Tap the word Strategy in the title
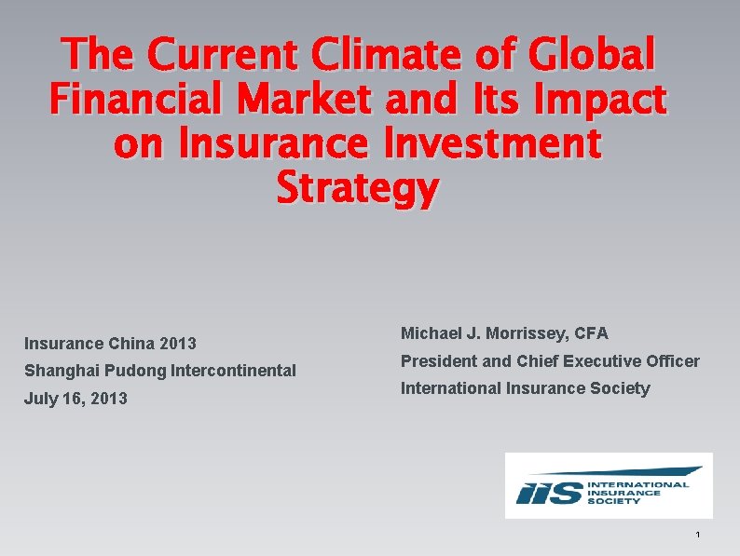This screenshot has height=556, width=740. coord(358,188)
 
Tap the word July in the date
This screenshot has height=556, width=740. coord(40,399)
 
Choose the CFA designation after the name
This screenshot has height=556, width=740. coord(591,332)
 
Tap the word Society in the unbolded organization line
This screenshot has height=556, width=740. coord(622,388)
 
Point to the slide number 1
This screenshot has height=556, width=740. coord(697,535)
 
